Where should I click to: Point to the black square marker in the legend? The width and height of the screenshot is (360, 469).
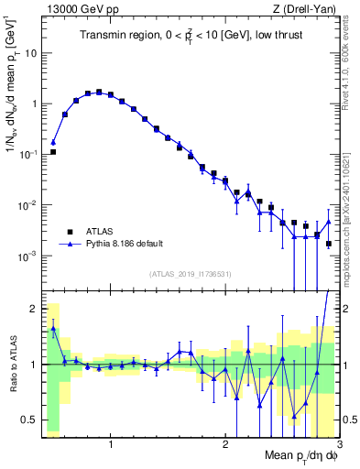[x=70, y=232]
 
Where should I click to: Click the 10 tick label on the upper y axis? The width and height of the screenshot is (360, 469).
[x=29, y=53]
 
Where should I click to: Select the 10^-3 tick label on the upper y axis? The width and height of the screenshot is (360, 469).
[x=27, y=256]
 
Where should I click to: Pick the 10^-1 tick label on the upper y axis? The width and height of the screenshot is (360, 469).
[x=27, y=154]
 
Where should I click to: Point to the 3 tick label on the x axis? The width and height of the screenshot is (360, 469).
[x=338, y=444]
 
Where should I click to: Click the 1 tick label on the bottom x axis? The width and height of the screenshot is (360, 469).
[x=111, y=444]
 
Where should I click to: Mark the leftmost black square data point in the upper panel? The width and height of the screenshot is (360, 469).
[x=53, y=152]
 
